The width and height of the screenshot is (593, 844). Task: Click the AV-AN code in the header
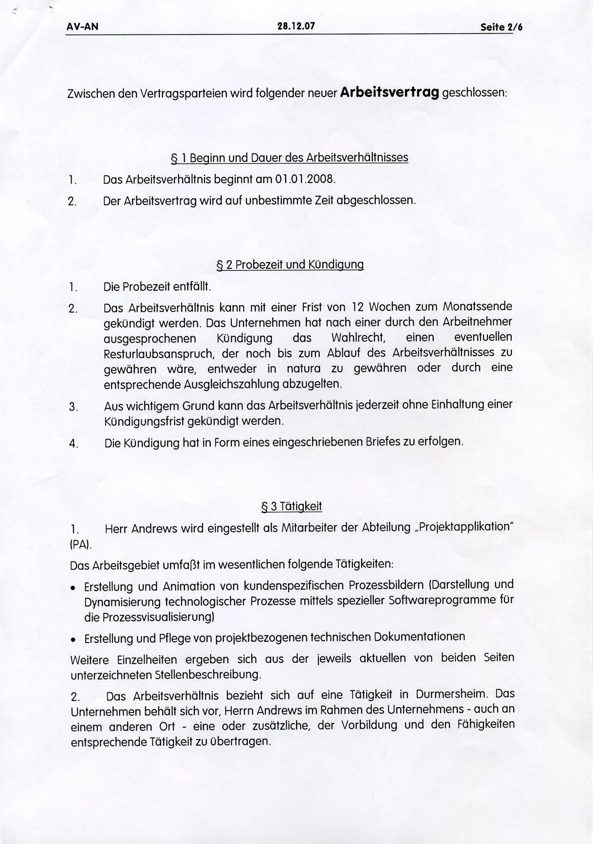tap(82, 27)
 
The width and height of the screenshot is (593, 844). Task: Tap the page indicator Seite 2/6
tap(501, 28)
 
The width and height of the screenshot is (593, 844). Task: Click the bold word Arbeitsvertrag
tap(389, 93)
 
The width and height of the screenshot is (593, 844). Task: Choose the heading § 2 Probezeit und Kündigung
tap(290, 265)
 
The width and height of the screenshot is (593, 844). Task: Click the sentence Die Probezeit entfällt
tap(157, 287)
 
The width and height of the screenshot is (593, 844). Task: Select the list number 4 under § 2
tap(73, 444)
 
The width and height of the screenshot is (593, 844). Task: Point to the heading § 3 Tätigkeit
tap(292, 507)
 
